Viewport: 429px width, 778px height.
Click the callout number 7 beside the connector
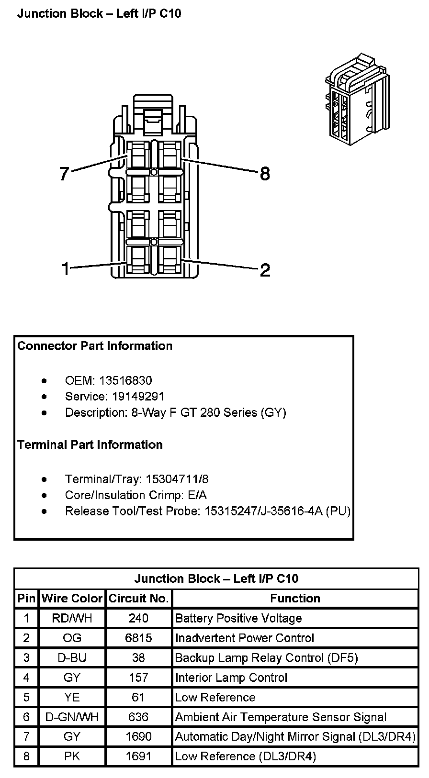click(65, 174)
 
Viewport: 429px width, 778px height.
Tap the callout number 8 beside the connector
click(265, 174)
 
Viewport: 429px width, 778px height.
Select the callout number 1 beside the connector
click(66, 269)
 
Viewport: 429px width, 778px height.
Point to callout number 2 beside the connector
click(265, 270)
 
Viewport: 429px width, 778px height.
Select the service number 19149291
click(138, 396)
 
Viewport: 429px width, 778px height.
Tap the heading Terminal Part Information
click(90, 445)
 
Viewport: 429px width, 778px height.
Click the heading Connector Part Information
click(95, 345)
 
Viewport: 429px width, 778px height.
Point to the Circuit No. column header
click(138, 598)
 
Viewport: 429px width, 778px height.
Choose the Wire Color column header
click(72, 598)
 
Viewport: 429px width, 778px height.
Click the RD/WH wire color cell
click(72, 618)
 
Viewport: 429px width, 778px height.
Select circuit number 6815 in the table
click(138, 638)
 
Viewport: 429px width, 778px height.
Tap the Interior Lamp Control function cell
click(231, 678)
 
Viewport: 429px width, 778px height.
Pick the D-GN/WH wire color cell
click(72, 717)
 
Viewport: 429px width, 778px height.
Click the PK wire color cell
click(72, 756)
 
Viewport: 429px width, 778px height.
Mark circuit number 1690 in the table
click(138, 736)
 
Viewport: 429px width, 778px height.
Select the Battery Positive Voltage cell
click(238, 618)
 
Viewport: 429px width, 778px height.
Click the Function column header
click(295, 598)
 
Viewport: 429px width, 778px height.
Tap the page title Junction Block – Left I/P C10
click(99, 13)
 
